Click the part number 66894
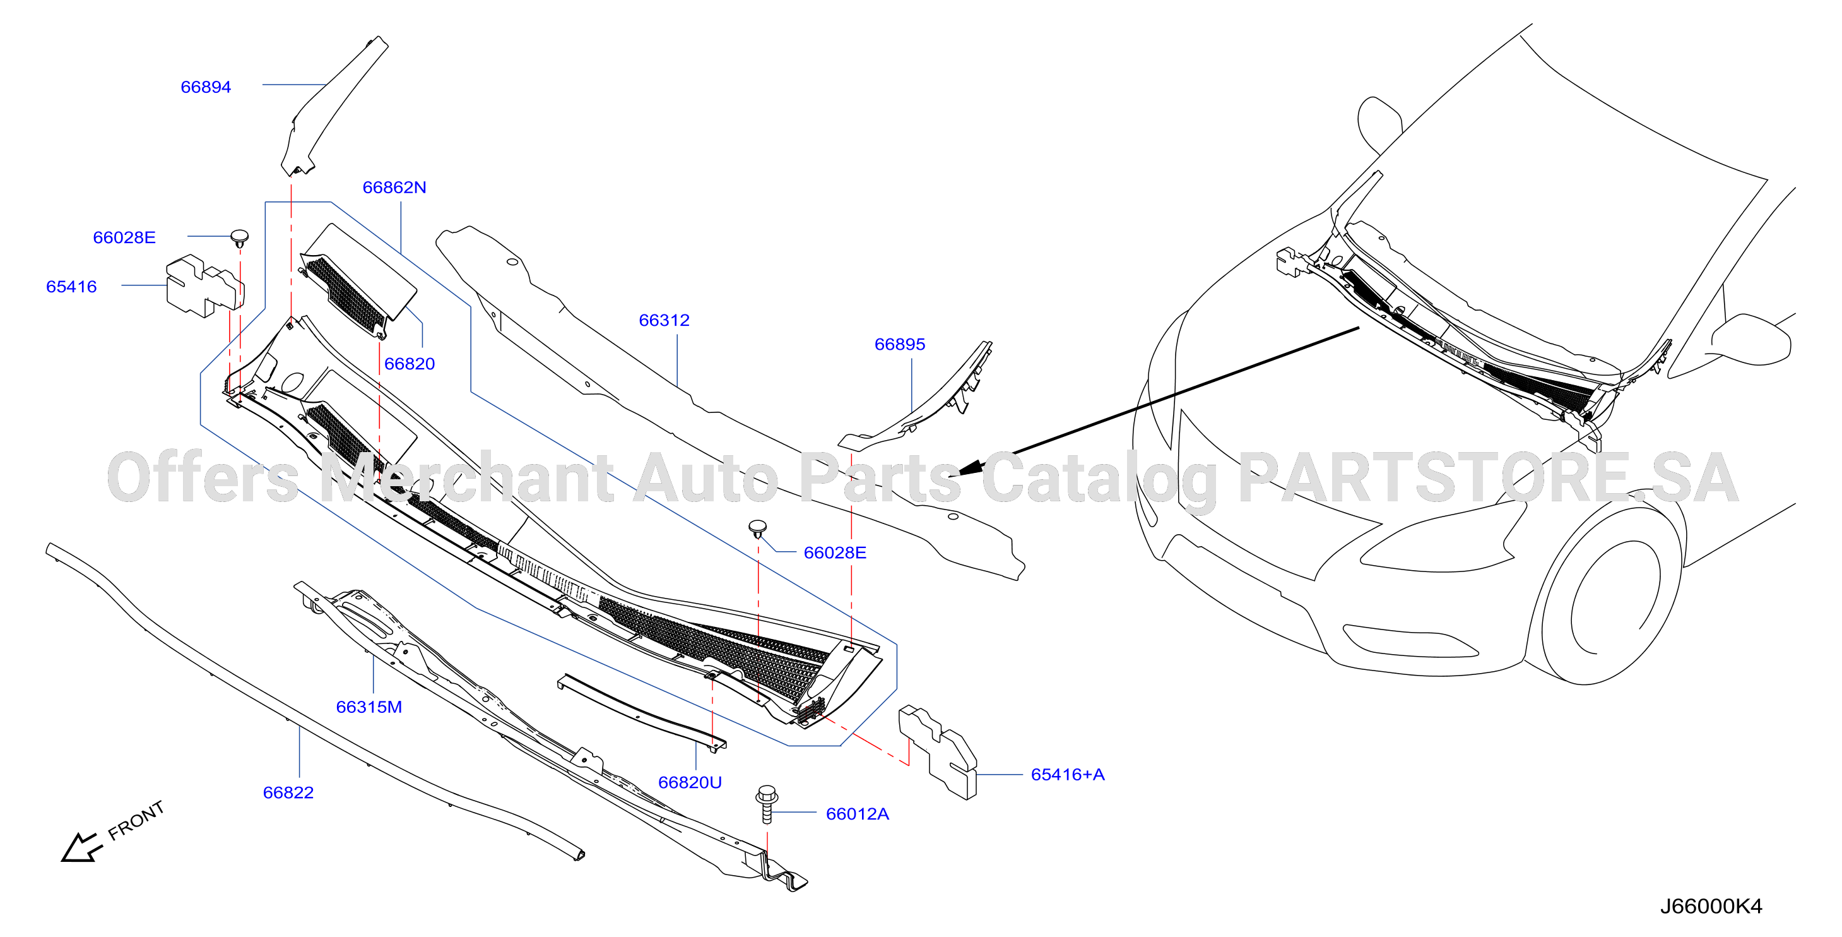coord(206,87)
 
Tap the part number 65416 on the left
coord(71,287)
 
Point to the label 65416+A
coord(1068,775)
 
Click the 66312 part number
coord(664,321)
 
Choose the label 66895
coord(900,345)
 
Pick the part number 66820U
coord(690,782)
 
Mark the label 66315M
coord(369,707)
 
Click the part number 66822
coord(288,792)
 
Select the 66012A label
coord(858,814)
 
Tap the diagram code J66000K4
coord(1711,906)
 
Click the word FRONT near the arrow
coord(136,820)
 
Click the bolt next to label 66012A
coord(767,804)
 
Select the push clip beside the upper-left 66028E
coord(240,237)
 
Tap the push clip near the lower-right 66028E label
coord(758,529)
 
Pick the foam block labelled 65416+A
coord(938,752)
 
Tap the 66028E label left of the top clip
coord(124,237)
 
